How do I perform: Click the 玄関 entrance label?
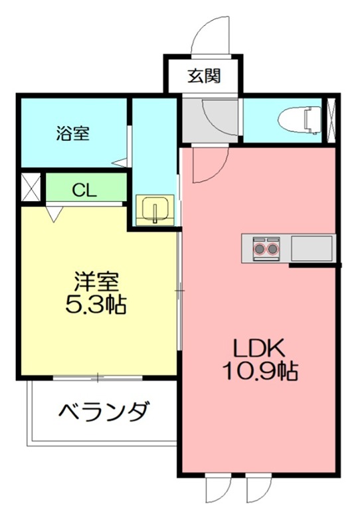(x=203, y=76)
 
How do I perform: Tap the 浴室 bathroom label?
(x=72, y=133)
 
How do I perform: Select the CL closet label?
(x=84, y=190)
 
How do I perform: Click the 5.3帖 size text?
(x=97, y=306)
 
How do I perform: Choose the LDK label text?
(x=260, y=346)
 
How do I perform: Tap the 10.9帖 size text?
(x=260, y=371)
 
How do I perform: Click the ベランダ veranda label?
(x=104, y=413)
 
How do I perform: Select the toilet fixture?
(x=296, y=120)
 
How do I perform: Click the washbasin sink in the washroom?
(x=155, y=210)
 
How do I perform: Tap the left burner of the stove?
(x=259, y=250)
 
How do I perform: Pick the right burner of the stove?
(x=272, y=250)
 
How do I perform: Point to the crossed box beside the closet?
(x=31, y=187)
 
